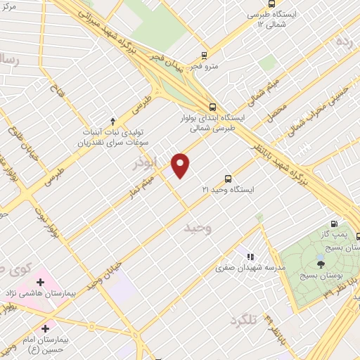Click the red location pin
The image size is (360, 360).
pyautogui.click(x=181, y=165)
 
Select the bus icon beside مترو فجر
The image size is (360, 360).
pyautogui.click(x=204, y=56)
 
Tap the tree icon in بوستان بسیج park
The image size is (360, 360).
pyautogui.click(x=321, y=264)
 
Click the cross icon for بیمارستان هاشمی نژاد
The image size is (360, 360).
pyautogui.click(x=40, y=283)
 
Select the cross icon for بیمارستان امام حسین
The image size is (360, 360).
pyautogui.click(x=46, y=328)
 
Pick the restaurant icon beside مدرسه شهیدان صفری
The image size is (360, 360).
pyautogui.click(x=251, y=257)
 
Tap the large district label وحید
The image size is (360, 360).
pyautogui.click(x=198, y=229)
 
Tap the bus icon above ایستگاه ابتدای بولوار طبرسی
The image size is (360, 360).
pyautogui.click(x=212, y=108)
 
